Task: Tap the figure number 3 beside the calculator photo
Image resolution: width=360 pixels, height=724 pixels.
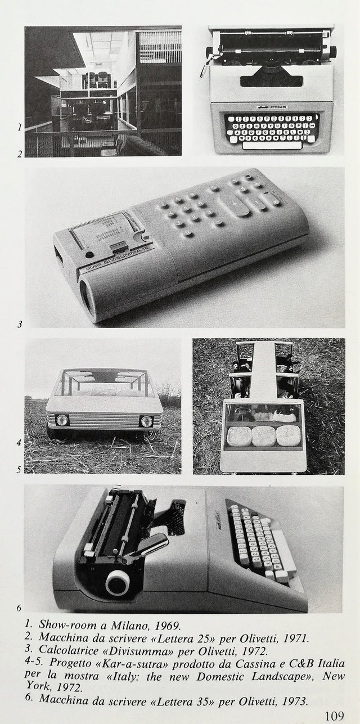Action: coord(20,324)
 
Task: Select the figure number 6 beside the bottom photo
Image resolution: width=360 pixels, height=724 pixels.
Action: coord(19,608)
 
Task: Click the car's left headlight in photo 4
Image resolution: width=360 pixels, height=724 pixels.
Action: coord(62,420)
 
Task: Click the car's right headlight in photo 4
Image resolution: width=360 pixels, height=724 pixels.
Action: coord(147,421)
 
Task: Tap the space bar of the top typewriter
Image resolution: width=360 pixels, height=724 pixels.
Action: coord(271,145)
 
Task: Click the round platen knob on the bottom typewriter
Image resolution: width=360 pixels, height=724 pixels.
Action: coord(117,583)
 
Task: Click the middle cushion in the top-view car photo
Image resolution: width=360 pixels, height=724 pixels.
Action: coord(263,436)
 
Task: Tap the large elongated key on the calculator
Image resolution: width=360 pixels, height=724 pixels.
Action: coord(241,204)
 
